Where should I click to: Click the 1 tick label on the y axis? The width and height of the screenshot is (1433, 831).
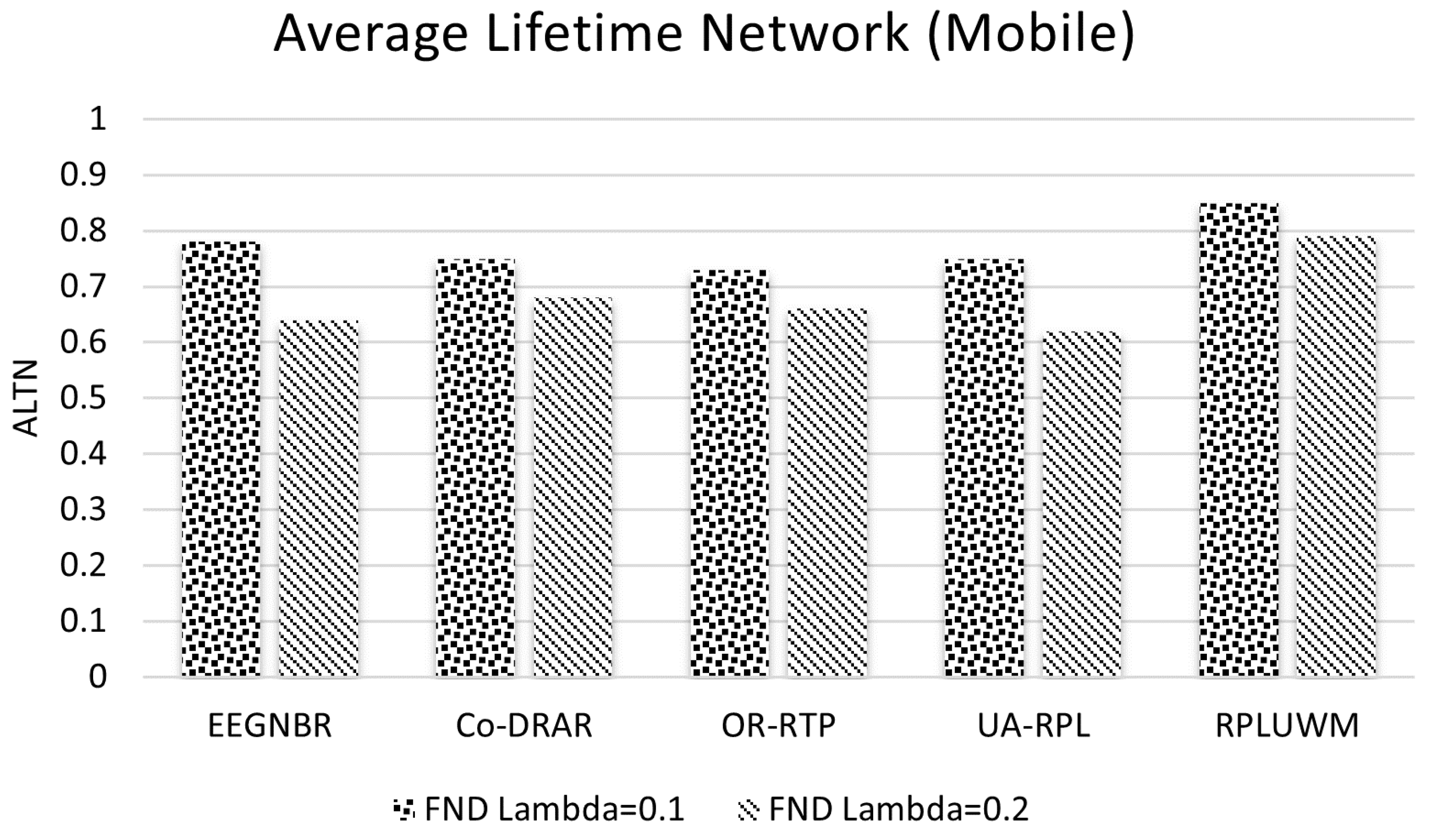point(98,119)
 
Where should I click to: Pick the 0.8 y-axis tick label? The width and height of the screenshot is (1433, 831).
point(83,231)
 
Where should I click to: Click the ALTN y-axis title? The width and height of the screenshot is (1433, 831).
point(25,398)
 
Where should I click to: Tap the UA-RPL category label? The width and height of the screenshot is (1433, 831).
point(1033,726)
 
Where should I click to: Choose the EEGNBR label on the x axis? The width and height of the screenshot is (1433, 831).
point(270,726)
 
